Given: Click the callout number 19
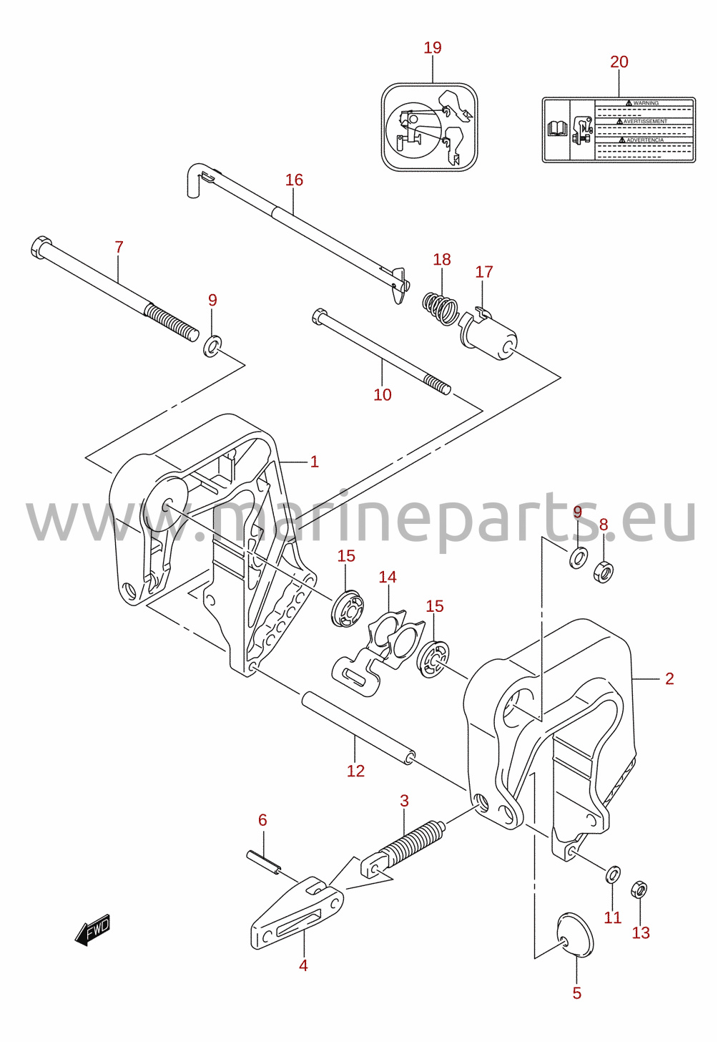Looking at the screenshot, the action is point(432,47).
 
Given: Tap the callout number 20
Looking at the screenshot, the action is point(619,62).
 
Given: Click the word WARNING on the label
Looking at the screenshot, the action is point(646,103).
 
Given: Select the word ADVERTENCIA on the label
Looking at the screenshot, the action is point(645,140).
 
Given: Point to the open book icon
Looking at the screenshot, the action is point(558,128).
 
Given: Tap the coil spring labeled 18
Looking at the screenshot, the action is point(440,308).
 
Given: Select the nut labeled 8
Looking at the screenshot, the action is point(603,572).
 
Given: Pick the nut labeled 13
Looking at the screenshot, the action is point(639,890).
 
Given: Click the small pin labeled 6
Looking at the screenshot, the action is point(263,863).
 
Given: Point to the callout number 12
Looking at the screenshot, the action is point(355,771).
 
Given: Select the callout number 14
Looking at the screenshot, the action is point(387,577).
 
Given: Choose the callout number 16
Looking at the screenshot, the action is point(294,180).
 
